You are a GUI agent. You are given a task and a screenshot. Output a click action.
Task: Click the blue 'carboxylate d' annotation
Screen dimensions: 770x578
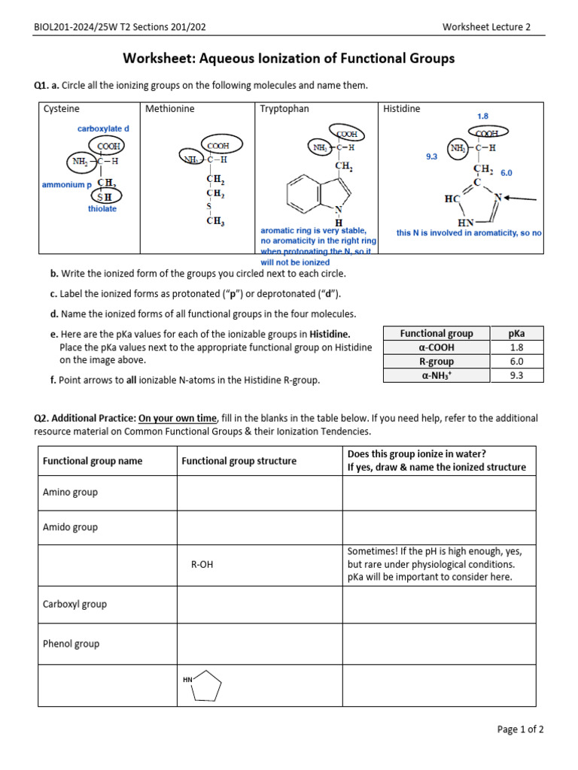103,129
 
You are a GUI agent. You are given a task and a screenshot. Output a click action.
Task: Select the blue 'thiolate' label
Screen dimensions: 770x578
102,209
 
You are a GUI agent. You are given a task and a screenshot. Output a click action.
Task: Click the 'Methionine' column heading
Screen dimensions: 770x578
169,109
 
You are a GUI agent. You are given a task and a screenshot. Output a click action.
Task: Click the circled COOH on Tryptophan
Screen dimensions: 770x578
346,134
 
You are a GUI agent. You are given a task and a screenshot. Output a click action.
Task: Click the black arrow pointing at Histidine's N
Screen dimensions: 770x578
522,199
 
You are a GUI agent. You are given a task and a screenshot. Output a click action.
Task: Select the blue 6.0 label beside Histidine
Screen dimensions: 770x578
506,173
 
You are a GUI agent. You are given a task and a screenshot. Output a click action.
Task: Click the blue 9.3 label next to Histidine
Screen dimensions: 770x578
432,157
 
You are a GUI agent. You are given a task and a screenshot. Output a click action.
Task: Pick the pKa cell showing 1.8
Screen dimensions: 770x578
516,347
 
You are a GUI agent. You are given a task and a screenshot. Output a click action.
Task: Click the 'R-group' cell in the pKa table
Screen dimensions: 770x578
437,362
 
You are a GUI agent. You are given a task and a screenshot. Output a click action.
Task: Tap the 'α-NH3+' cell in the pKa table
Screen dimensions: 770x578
437,375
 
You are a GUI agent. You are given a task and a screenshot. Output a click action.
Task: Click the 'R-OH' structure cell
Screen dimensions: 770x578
202,565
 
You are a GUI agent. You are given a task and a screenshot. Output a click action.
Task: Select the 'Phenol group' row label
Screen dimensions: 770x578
71,644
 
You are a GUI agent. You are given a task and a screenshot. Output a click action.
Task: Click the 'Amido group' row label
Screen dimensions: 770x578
70,527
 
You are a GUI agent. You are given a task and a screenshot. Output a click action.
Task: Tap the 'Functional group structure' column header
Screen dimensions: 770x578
239,461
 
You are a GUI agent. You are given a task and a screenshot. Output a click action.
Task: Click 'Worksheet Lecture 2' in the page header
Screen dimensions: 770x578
486,27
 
